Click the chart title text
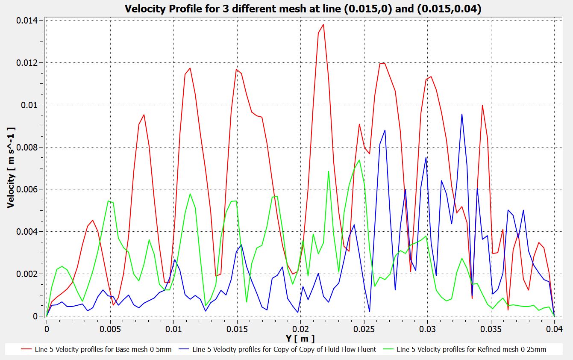tap(303, 9)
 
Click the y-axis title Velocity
tap(11, 168)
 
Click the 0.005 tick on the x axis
tap(110, 330)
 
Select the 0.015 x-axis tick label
tap(237, 330)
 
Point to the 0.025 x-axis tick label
tap(364, 330)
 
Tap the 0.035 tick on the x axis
tap(491, 330)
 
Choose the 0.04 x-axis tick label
tap(553, 330)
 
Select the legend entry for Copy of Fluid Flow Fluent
tap(284, 349)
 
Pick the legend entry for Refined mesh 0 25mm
tap(471, 349)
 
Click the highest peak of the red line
tap(323, 25)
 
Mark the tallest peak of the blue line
tap(462, 114)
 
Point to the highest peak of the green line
tap(359, 160)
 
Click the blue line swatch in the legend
tap(182, 350)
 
